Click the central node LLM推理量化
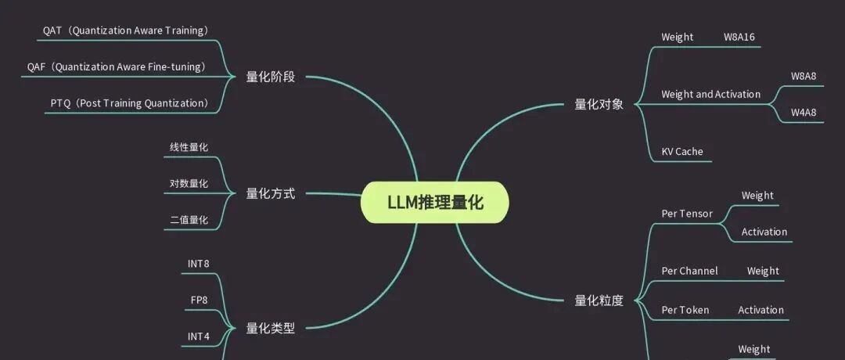point(435,203)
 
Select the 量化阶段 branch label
point(271,77)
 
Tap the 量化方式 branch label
point(271,193)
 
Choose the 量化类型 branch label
point(271,328)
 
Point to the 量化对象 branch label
point(599,103)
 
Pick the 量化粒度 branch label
point(599,300)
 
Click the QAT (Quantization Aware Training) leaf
point(125,31)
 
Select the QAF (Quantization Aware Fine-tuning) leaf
point(117,67)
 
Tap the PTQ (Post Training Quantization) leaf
point(129,103)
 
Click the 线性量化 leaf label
point(189,147)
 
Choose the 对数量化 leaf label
point(189,184)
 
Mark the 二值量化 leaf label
point(189,220)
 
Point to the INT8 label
point(199,264)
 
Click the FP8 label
point(199,300)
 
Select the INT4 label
point(199,337)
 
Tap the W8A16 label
point(739,37)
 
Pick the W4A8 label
point(804,112)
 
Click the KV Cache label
point(682,151)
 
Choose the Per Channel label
point(689,271)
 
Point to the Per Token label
point(685,310)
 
